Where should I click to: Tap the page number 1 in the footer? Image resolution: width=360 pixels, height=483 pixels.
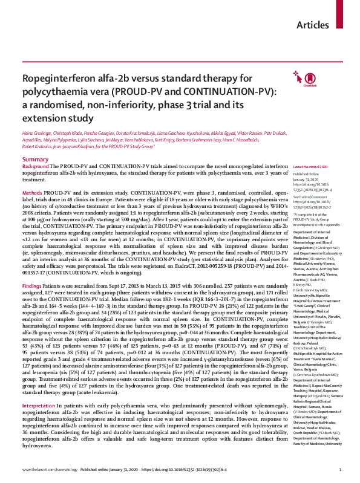[341, 469]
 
